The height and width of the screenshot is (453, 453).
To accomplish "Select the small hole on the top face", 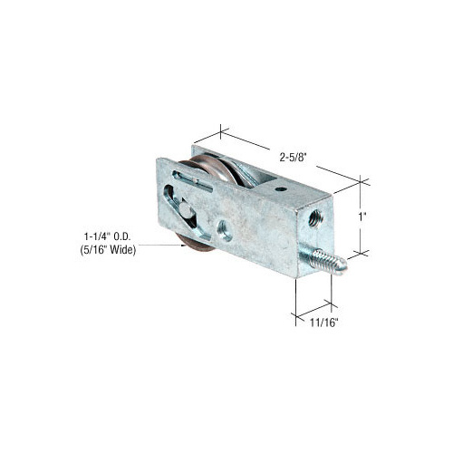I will pos(280,190).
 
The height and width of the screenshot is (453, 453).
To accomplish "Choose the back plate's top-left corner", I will pos(192,145).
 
